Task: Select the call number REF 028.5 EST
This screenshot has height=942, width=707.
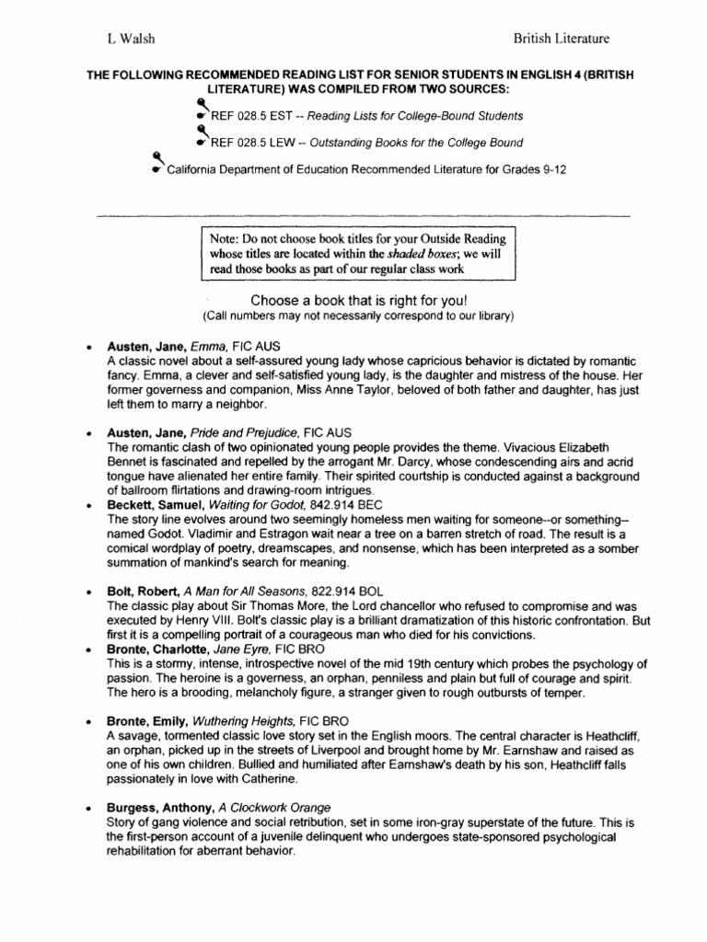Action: coord(244,116)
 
